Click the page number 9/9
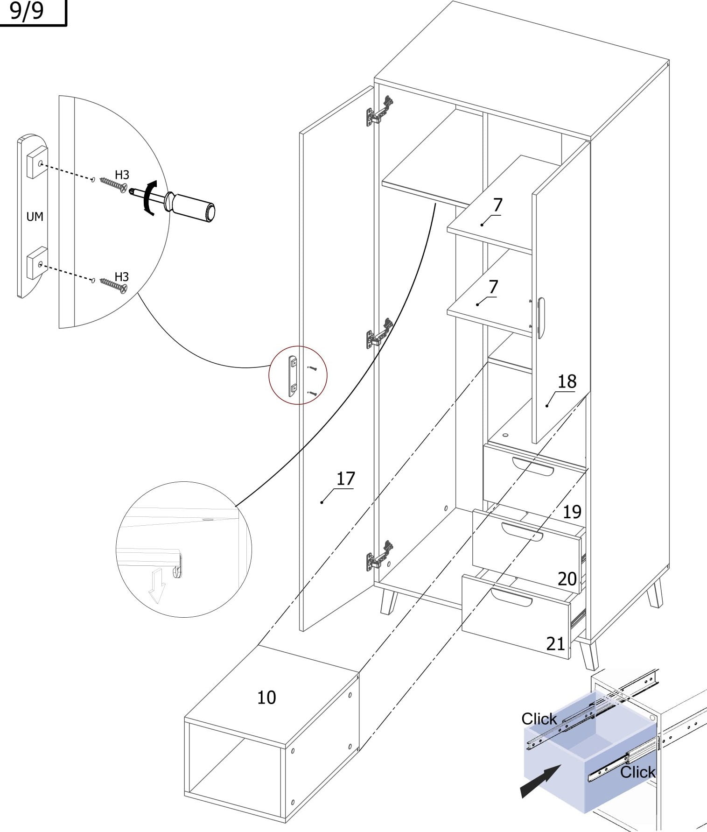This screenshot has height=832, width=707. [x=27, y=11]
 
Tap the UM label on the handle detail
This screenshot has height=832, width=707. [x=35, y=217]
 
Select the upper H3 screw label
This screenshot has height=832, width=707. [x=122, y=175]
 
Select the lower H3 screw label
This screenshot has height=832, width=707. [x=121, y=277]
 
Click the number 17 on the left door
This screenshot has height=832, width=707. [x=345, y=479]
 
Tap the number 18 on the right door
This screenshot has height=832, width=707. [x=567, y=382]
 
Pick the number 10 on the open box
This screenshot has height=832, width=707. [x=266, y=698]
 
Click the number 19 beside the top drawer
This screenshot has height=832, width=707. [x=572, y=512]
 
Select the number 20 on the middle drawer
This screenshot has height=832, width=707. [x=567, y=579]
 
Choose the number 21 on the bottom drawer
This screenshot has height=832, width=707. [x=555, y=644]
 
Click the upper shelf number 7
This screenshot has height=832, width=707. [x=498, y=205]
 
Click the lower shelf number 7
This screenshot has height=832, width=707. [x=493, y=287]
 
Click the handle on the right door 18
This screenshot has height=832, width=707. [x=540, y=317]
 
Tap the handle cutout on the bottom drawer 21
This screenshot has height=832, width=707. [x=511, y=598]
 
